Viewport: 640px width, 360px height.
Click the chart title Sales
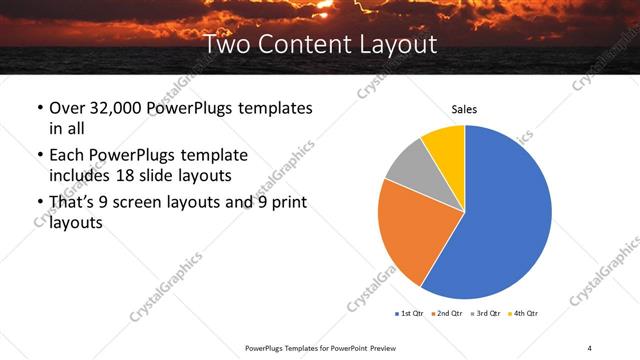point(464,108)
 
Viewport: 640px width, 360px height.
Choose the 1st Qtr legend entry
point(411,314)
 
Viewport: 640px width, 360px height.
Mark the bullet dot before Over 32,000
point(39,108)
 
